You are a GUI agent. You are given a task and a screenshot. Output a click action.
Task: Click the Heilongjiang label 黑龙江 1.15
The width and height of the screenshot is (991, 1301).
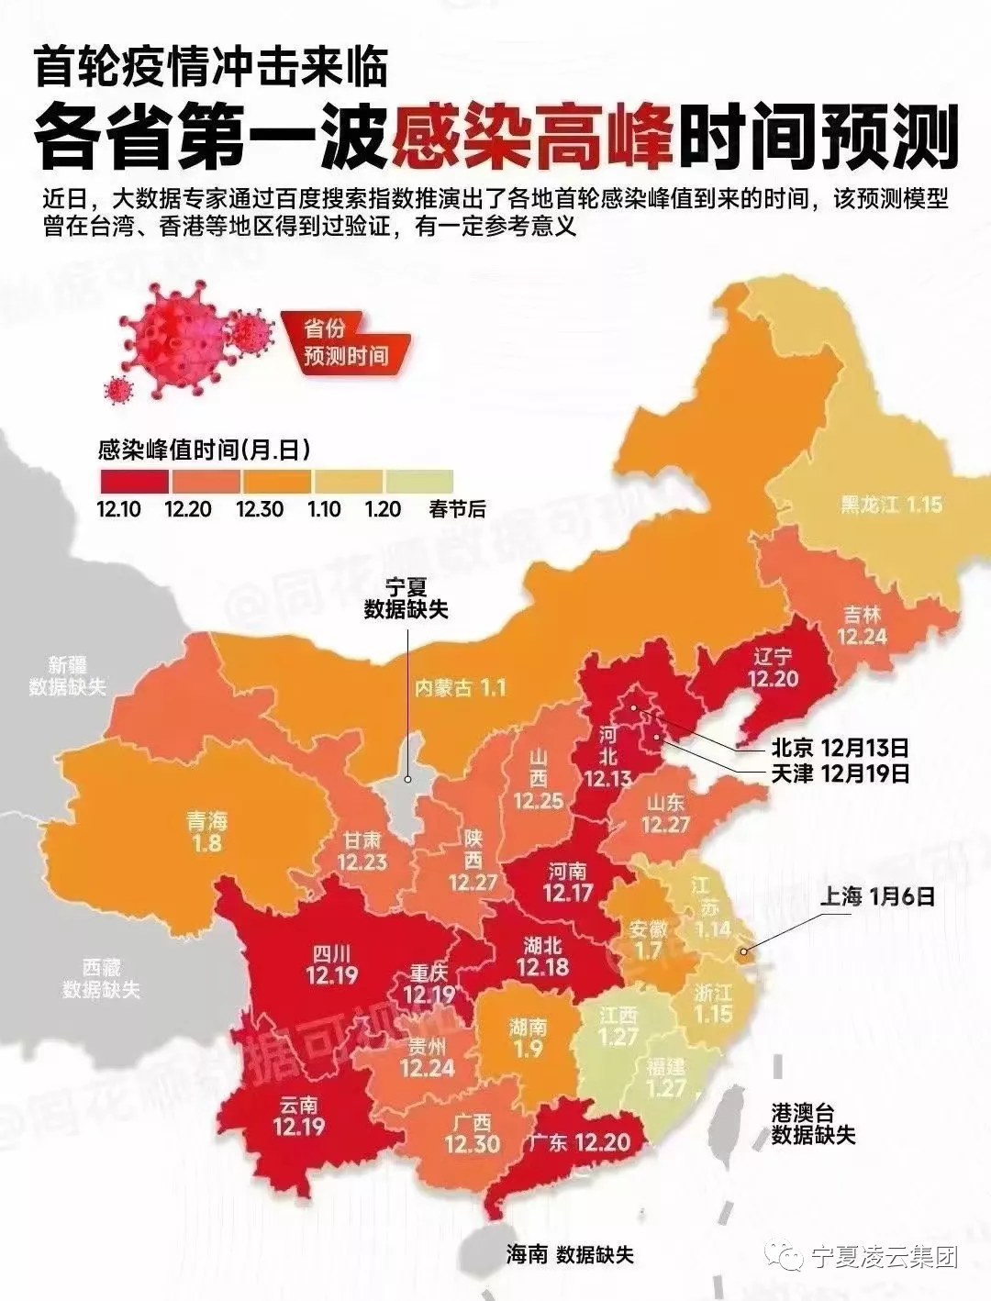891,505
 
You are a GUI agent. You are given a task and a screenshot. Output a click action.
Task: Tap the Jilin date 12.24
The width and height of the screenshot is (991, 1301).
862,636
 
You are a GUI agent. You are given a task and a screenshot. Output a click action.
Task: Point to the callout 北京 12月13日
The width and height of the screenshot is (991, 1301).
840,746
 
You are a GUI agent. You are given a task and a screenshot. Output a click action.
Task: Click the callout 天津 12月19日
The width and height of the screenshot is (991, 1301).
840,773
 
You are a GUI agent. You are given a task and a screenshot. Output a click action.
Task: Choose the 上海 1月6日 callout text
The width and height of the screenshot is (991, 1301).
876,895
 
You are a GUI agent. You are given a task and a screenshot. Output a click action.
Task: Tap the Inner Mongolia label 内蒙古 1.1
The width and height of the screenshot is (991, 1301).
460,687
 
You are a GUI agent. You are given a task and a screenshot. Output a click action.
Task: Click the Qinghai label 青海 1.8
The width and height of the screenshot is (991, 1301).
206,830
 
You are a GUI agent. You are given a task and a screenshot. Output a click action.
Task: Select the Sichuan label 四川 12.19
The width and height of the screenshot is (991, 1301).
331,964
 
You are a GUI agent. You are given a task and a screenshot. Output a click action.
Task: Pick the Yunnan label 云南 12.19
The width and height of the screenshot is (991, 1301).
298,1115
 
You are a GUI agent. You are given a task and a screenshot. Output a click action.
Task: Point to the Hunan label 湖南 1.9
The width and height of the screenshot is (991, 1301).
528,1038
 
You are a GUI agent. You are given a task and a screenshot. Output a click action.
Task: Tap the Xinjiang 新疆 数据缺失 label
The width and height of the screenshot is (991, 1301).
67,675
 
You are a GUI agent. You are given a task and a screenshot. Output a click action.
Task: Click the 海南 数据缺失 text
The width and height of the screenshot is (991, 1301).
570,1254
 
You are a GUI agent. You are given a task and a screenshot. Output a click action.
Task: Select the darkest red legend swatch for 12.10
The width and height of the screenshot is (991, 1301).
134,482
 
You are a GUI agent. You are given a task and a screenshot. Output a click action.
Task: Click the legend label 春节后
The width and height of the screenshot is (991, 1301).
457,509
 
